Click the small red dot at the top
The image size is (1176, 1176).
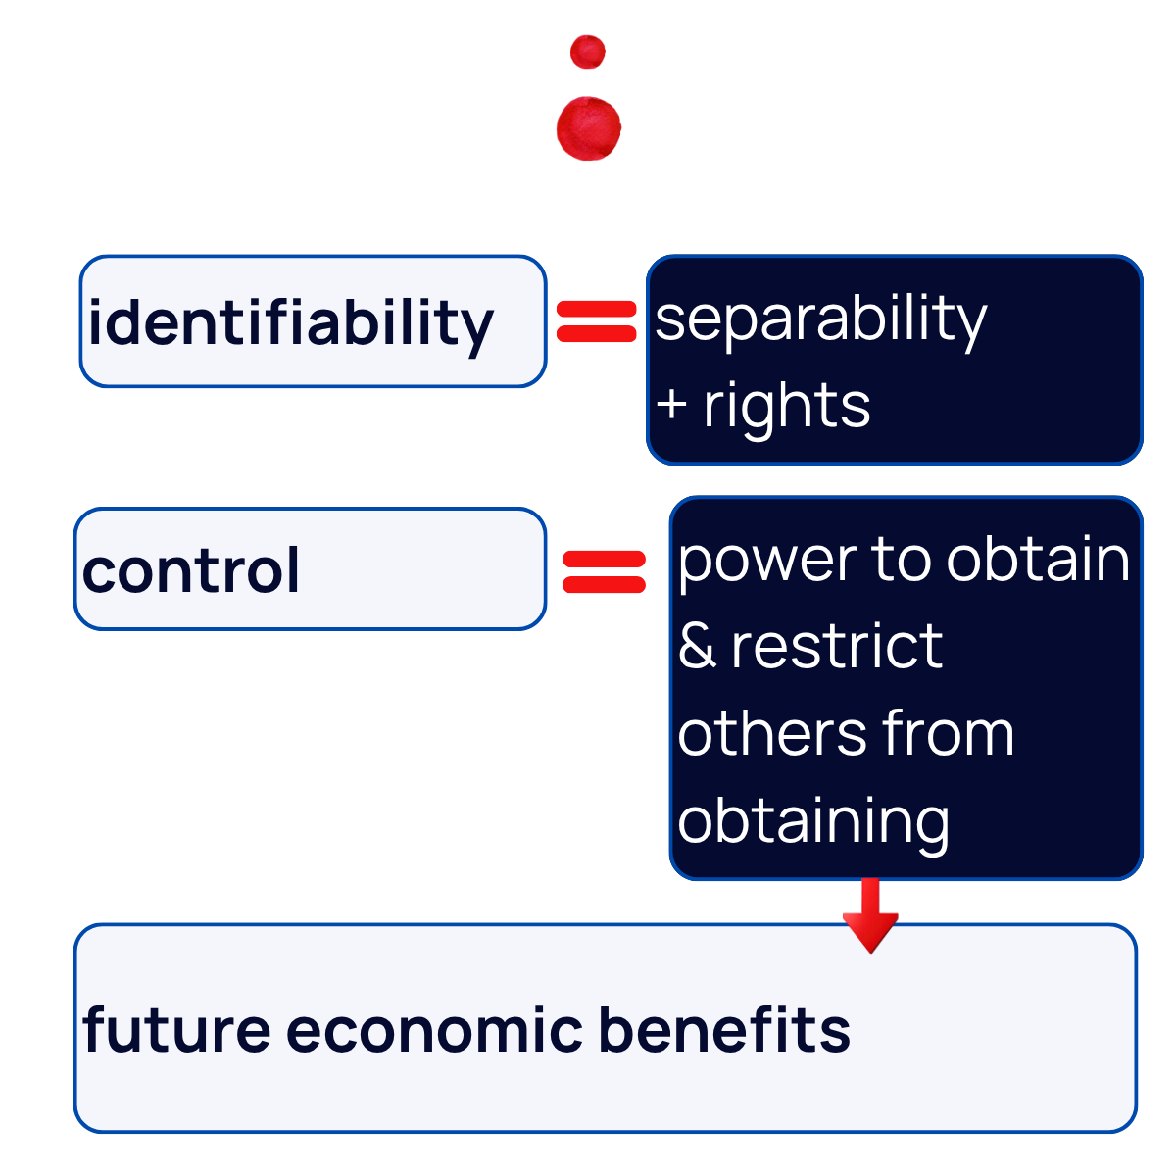tap(588, 52)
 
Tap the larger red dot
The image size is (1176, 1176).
tap(589, 128)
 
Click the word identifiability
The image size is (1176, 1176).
tap(290, 323)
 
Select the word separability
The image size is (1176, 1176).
tap(820, 319)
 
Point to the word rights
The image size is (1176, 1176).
tap(786, 406)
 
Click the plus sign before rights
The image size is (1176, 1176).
tap(672, 405)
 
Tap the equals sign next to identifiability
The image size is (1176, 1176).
tap(597, 321)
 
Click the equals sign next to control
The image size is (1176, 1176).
tap(604, 572)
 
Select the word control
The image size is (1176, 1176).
tap(191, 571)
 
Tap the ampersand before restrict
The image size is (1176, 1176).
tap(697, 647)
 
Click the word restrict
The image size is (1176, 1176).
tap(837, 647)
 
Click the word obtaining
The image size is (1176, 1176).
tap(813, 821)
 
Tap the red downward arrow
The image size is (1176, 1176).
tap(870, 916)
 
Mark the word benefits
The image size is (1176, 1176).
tap(723, 1030)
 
